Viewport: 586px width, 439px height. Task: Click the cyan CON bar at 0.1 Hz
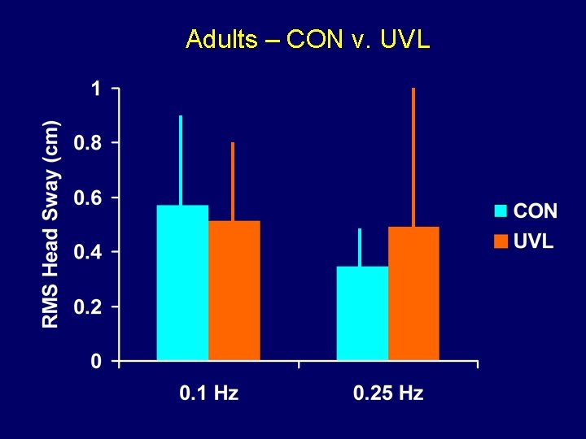182,282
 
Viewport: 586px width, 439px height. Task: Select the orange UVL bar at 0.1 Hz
234,290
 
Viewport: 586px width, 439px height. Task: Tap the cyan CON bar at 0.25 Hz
362,313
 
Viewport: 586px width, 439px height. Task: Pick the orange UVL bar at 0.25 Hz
413,293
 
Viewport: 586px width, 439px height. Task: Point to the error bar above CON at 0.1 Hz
181,160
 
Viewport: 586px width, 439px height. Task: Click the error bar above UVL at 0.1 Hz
233,181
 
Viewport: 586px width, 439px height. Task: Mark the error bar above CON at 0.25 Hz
360,247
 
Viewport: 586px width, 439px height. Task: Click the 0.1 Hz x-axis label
208,393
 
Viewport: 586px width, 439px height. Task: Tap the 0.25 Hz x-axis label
388,393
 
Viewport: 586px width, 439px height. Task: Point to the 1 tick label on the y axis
95,89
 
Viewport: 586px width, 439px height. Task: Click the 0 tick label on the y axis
95,362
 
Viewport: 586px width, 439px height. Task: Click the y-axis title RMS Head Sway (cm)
50,224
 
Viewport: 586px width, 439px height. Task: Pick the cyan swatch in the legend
501,211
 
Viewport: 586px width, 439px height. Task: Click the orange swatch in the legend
501,241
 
